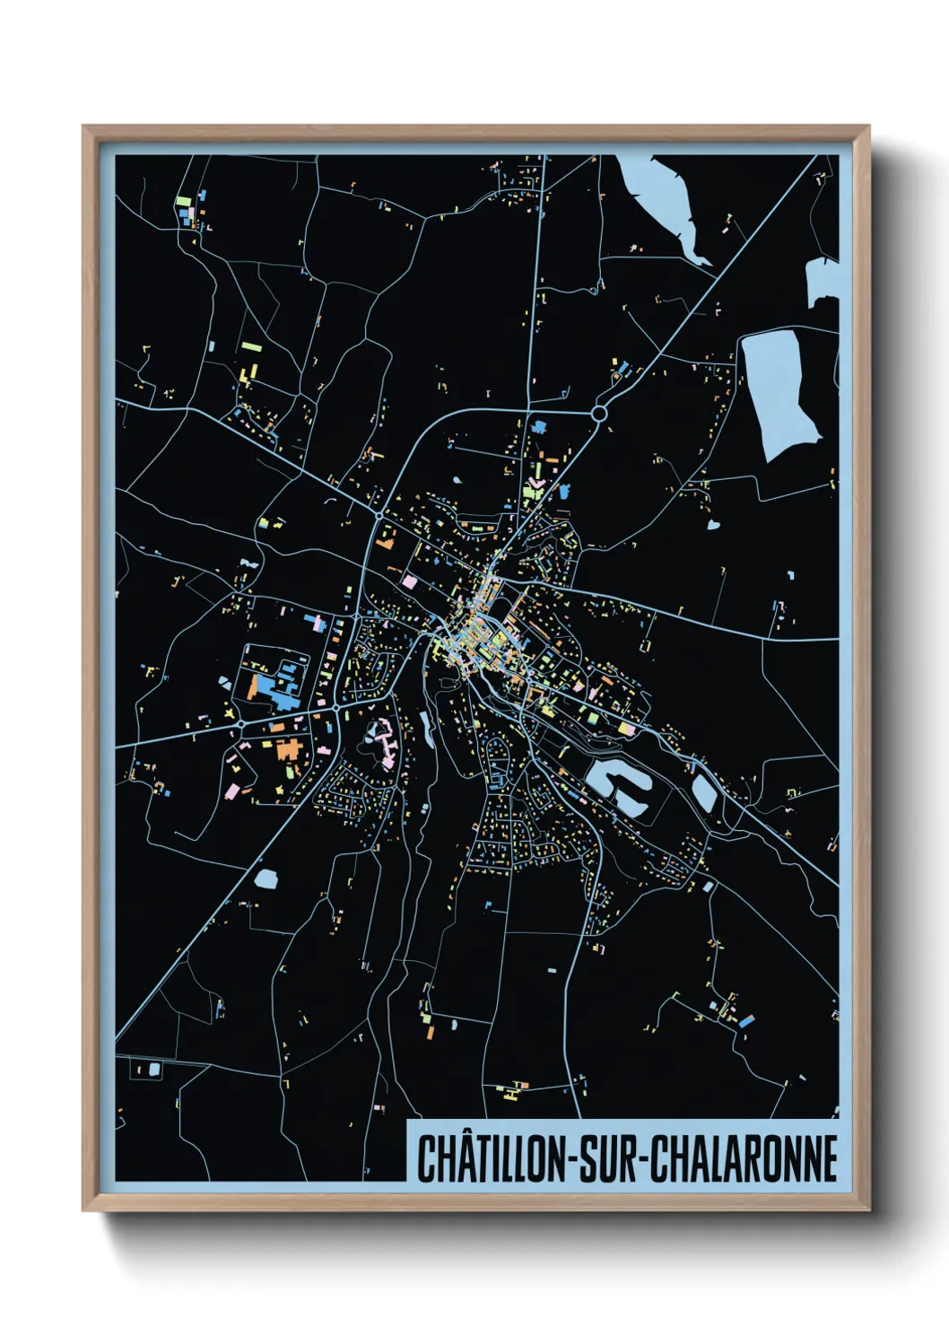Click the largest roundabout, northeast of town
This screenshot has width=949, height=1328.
[x=600, y=413]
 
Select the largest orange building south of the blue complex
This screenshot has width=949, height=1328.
[x=288, y=749]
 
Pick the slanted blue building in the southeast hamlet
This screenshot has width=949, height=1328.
[x=745, y=1020]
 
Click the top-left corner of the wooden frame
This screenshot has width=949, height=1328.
[x=84, y=127]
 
